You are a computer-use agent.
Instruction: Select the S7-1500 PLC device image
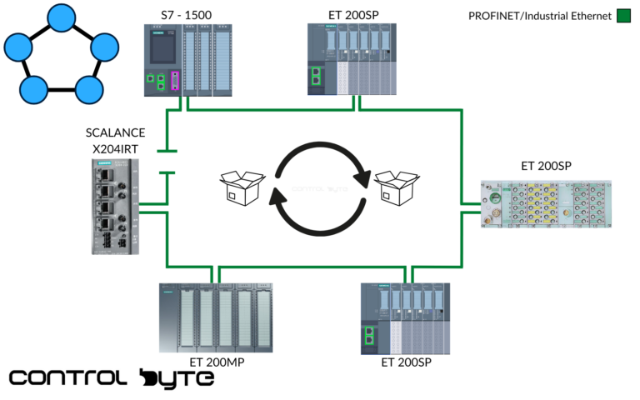[188, 60]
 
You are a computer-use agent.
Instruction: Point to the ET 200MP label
[217, 362]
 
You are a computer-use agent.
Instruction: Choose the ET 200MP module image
[217, 317]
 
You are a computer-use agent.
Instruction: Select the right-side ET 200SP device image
[547, 203]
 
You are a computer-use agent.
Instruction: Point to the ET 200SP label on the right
[546, 165]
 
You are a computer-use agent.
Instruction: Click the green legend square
[623, 15]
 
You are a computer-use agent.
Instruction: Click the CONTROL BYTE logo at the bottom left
[112, 378]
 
